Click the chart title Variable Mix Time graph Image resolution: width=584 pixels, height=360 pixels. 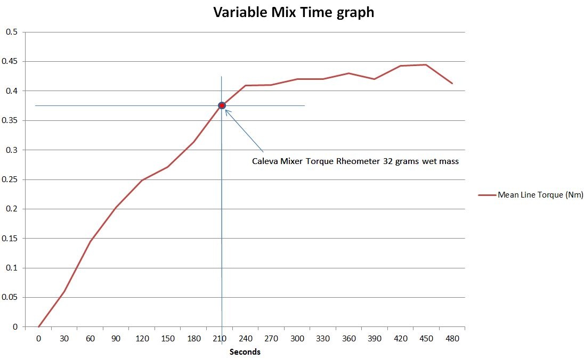294,12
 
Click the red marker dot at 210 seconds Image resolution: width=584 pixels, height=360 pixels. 222,105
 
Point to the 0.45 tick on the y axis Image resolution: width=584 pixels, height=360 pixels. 12,61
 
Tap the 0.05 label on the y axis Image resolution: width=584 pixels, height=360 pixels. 12,297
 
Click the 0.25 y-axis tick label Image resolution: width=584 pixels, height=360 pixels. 12,179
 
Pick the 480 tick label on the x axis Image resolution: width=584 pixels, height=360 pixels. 452,338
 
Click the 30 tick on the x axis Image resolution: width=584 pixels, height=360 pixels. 64,338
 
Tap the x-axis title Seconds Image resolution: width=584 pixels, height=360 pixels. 245,351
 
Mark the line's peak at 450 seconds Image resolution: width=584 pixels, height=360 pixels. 426,64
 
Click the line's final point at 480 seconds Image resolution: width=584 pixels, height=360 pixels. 452,84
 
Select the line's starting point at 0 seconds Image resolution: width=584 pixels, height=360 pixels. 38,326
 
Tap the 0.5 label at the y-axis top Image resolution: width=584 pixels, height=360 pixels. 12,32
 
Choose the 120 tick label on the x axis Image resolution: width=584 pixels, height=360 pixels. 141,338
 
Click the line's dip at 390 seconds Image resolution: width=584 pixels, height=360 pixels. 374,79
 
